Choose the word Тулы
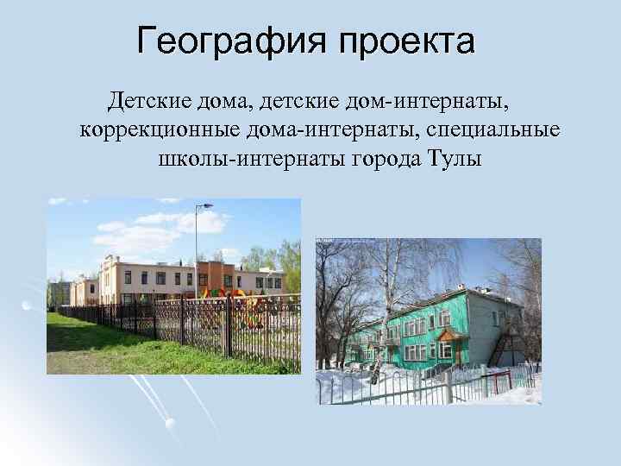(455, 160)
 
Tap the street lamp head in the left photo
(206, 206)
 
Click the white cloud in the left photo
(138, 231)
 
